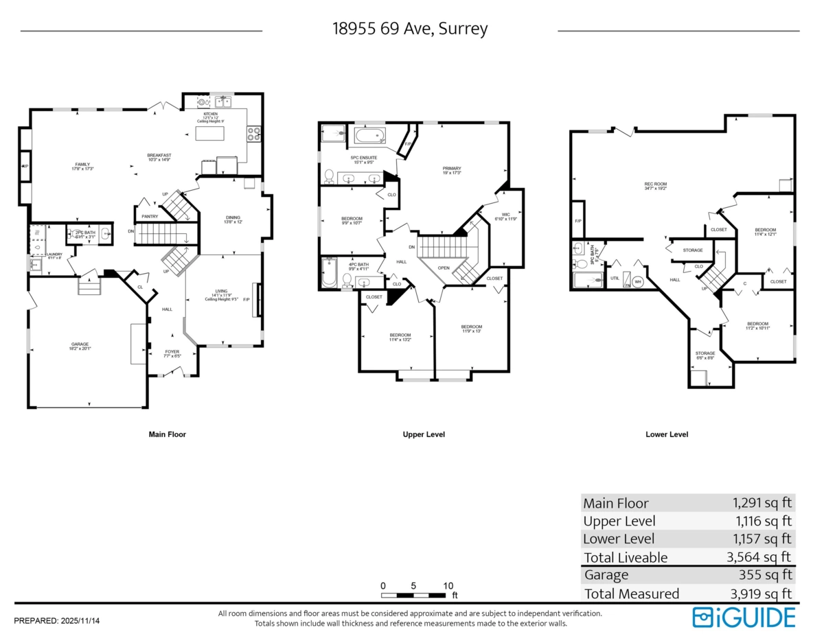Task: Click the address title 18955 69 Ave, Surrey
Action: pos(410,29)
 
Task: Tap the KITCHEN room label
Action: pos(210,114)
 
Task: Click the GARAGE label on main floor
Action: pos(80,344)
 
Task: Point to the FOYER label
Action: pos(172,352)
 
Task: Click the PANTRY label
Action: pos(150,216)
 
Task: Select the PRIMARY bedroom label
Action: pos(451,169)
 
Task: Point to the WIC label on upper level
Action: pos(505,215)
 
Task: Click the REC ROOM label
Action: pos(655,184)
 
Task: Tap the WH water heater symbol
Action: pos(638,281)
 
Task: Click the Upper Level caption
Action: pos(424,434)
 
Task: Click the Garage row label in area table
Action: pos(606,575)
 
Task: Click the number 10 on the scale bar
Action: pos(448,585)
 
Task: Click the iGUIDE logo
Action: pos(744,617)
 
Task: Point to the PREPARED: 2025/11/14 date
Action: pos(57,621)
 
